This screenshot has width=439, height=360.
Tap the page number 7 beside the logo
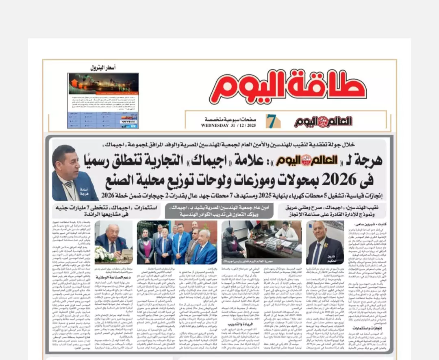[271, 121]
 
